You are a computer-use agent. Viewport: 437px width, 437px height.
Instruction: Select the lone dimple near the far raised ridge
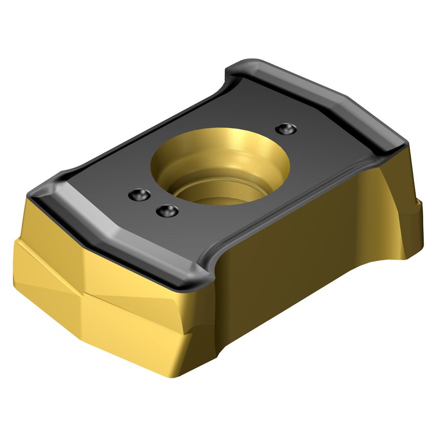(285, 129)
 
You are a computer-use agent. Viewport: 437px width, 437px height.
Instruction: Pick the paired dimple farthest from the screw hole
(139, 194)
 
